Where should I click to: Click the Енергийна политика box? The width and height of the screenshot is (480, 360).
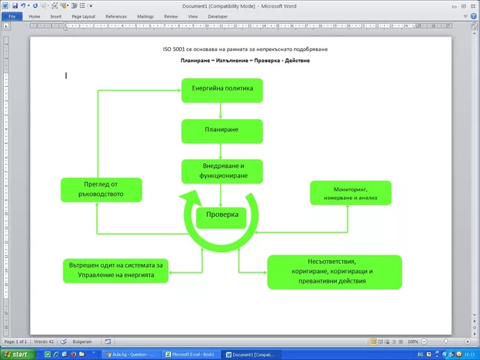[x=222, y=90]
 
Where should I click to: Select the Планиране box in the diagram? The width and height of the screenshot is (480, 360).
[x=222, y=131]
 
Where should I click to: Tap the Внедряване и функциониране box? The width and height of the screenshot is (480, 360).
[x=222, y=171]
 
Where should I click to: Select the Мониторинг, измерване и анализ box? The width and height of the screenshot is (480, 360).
[x=350, y=194]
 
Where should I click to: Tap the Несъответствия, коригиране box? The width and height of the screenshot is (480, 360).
[x=334, y=272]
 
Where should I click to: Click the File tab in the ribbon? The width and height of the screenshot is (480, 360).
[x=12, y=15]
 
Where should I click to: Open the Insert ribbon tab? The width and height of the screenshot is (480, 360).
[x=56, y=15]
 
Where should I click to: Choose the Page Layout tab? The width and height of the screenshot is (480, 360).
[x=84, y=15]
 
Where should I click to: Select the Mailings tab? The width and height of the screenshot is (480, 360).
[x=146, y=15]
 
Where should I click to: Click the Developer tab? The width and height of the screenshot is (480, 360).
[x=218, y=15]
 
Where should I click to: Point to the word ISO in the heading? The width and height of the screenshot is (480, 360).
[x=168, y=49]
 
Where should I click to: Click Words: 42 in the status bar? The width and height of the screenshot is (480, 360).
[x=44, y=341]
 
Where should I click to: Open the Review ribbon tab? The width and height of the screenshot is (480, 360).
[x=170, y=15]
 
